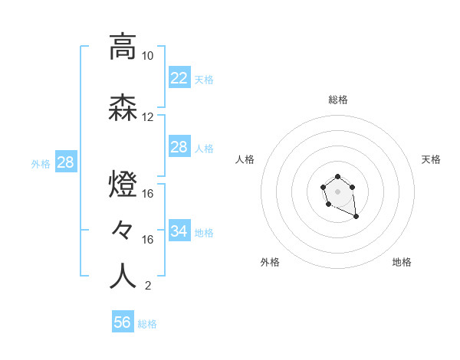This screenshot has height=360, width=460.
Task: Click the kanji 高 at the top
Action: click(123, 47)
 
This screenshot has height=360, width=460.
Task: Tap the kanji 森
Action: click(123, 109)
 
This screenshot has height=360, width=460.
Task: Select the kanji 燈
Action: click(123, 185)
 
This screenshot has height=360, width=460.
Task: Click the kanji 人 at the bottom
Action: click(123, 277)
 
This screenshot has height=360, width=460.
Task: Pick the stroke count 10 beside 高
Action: click(147, 56)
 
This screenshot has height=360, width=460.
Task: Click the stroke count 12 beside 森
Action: click(147, 117)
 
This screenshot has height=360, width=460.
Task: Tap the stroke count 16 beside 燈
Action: click(148, 193)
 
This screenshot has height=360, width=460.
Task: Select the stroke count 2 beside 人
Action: click(147, 286)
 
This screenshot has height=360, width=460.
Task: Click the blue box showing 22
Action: click(179, 77)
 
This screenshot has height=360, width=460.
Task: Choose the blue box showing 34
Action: click(179, 231)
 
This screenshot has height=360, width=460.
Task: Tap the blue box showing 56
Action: click(122, 322)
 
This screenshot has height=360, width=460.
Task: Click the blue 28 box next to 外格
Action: click(65, 162)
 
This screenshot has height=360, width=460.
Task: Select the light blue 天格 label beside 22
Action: click(204, 79)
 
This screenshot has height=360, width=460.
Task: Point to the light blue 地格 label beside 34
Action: click(204, 232)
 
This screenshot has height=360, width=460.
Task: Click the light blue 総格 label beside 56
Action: click(147, 324)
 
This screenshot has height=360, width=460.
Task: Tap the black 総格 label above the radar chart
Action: click(337, 100)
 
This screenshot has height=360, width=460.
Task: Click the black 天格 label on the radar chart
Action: click(431, 159)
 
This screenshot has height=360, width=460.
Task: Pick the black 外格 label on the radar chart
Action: click(270, 262)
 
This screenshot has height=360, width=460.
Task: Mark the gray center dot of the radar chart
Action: click(337, 191)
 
